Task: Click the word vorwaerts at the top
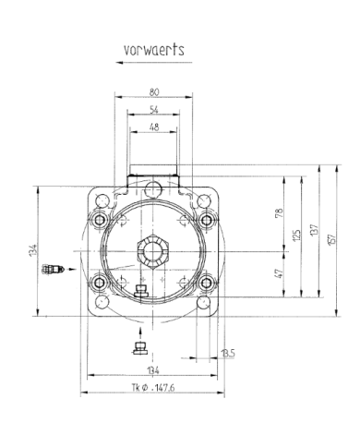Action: point(153,49)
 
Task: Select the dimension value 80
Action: point(153,91)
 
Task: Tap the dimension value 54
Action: point(153,109)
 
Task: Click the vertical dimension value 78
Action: point(278,214)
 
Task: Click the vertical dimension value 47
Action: point(278,273)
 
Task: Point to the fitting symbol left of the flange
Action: point(53,270)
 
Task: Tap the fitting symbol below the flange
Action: point(140,347)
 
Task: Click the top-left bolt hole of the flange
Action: point(101,220)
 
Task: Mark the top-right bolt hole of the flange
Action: point(207,220)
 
